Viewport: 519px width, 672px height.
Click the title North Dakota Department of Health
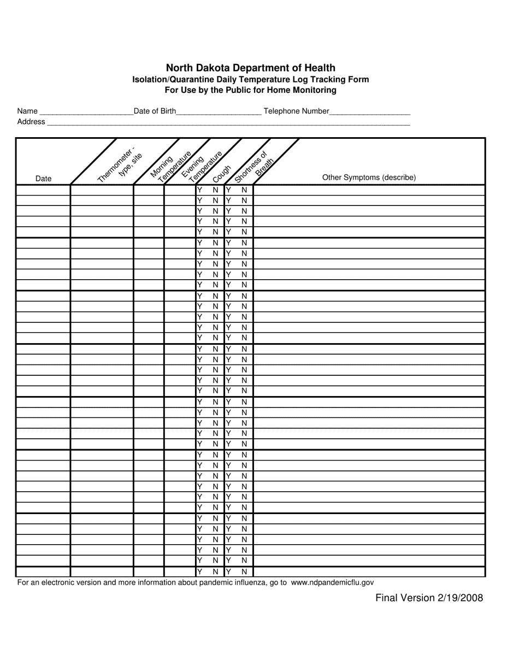point(251,68)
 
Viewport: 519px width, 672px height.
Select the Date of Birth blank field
point(219,112)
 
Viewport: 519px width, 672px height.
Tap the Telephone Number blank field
point(370,112)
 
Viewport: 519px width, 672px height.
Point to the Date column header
point(43,179)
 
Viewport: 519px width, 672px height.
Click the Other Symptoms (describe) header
point(369,178)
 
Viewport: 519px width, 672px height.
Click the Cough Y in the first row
point(200,190)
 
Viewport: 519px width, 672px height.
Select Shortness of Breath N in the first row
point(244,190)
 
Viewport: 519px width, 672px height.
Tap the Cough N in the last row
point(215,571)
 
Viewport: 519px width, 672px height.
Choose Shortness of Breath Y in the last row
point(229,571)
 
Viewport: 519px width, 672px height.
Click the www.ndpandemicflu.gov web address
point(332,583)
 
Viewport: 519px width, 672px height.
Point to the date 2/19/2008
point(460,598)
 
